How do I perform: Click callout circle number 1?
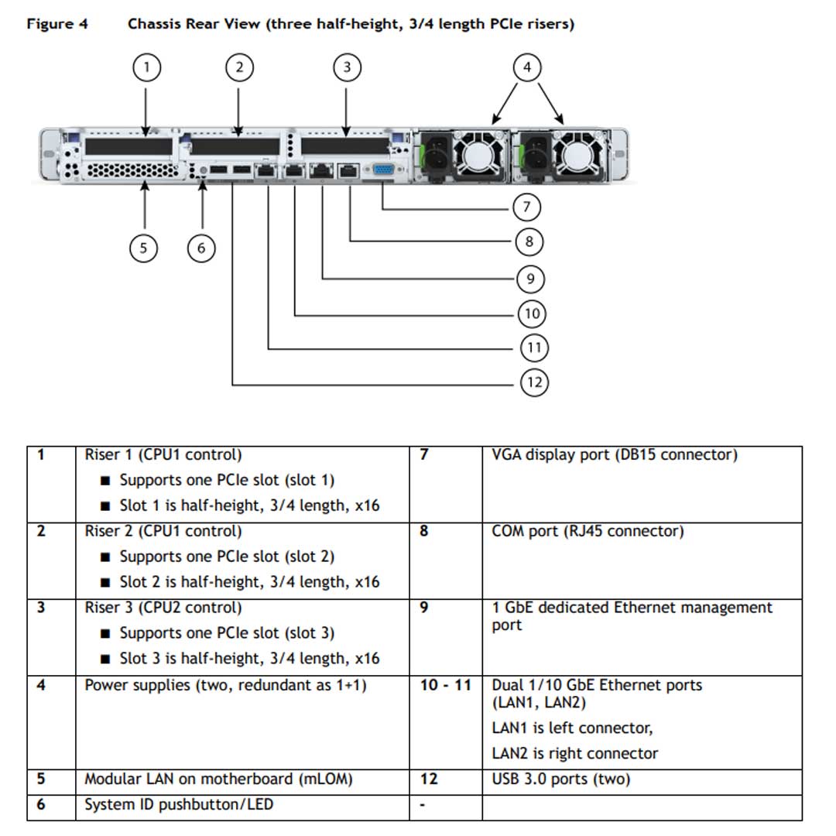pos(146,68)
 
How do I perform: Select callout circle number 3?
pos(346,68)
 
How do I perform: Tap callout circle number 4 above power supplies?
pos(527,68)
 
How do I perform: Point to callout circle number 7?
pos(526,207)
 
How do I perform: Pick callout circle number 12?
pos(534,382)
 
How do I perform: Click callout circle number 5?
pos(143,248)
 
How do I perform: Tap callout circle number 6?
pos(201,248)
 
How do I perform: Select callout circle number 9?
pos(530,279)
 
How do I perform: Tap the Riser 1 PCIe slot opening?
pos(128,146)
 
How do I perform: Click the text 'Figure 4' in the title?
pos(57,24)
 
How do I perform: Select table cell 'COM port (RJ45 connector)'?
pos(588,532)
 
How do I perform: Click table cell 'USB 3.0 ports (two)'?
pos(560,779)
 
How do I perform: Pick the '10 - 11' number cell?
pos(445,685)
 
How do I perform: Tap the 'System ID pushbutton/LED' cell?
pos(179,805)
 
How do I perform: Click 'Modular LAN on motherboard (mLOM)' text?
pos(218,779)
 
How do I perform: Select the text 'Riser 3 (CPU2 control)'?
pos(163,608)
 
